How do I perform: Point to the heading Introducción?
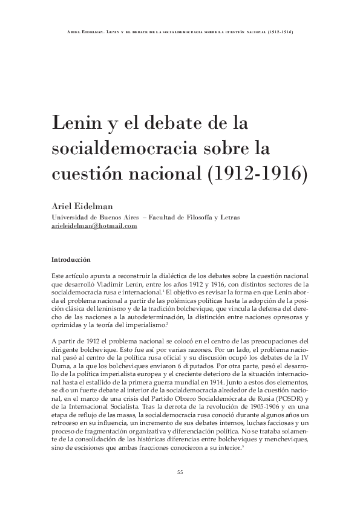[x=71, y=259]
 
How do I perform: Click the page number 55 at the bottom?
[x=180, y=472]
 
